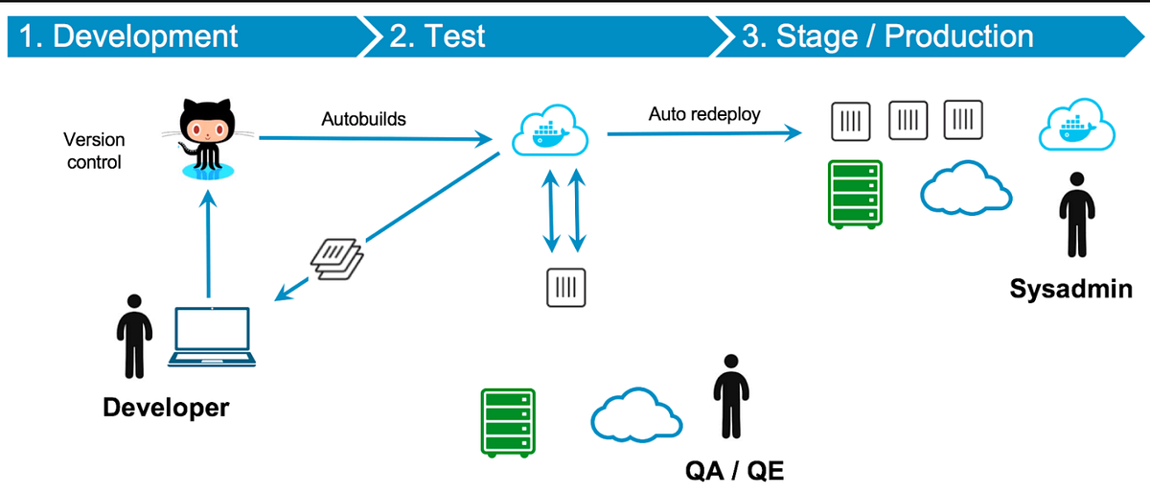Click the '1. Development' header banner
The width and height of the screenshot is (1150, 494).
pyautogui.click(x=129, y=36)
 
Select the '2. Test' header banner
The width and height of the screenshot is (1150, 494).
pyautogui.click(x=437, y=36)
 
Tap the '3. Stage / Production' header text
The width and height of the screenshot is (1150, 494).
pyautogui.click(x=886, y=36)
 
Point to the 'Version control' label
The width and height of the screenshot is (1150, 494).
pyautogui.click(x=94, y=151)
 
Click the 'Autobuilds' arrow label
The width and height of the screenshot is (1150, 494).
pyautogui.click(x=363, y=120)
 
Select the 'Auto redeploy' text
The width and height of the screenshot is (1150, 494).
pyautogui.click(x=704, y=114)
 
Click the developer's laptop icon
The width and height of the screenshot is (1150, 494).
pyautogui.click(x=213, y=337)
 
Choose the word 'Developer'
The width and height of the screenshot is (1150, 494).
pyautogui.click(x=166, y=407)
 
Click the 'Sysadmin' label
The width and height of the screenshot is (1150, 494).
pyautogui.click(x=1070, y=288)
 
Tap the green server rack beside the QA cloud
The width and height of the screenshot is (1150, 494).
pyautogui.click(x=506, y=423)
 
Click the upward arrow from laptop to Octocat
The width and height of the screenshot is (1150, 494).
pyautogui.click(x=207, y=245)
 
